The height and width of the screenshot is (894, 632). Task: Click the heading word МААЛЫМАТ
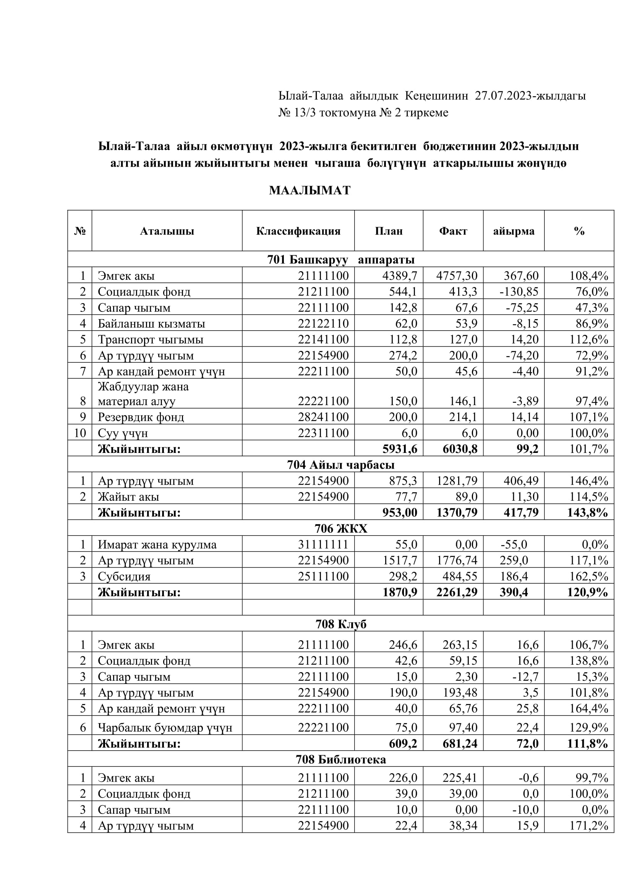coord(310,190)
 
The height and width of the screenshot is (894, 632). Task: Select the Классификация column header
coord(298,231)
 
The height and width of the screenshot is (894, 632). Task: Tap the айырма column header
coord(513,231)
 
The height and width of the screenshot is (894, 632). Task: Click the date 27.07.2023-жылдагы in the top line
coord(530,96)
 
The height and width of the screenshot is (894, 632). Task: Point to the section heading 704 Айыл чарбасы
coord(340,464)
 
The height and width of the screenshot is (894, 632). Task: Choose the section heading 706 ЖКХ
coord(340,528)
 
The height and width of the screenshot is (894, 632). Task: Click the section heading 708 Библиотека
coord(340,760)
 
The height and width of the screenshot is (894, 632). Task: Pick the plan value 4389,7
coord(400,276)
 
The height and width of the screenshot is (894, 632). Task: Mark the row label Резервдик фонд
coord(141,417)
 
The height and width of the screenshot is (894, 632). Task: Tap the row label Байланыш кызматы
coord(151,324)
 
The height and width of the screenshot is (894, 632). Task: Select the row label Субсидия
coord(124,576)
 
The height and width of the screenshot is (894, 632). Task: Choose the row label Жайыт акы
coord(128,497)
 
